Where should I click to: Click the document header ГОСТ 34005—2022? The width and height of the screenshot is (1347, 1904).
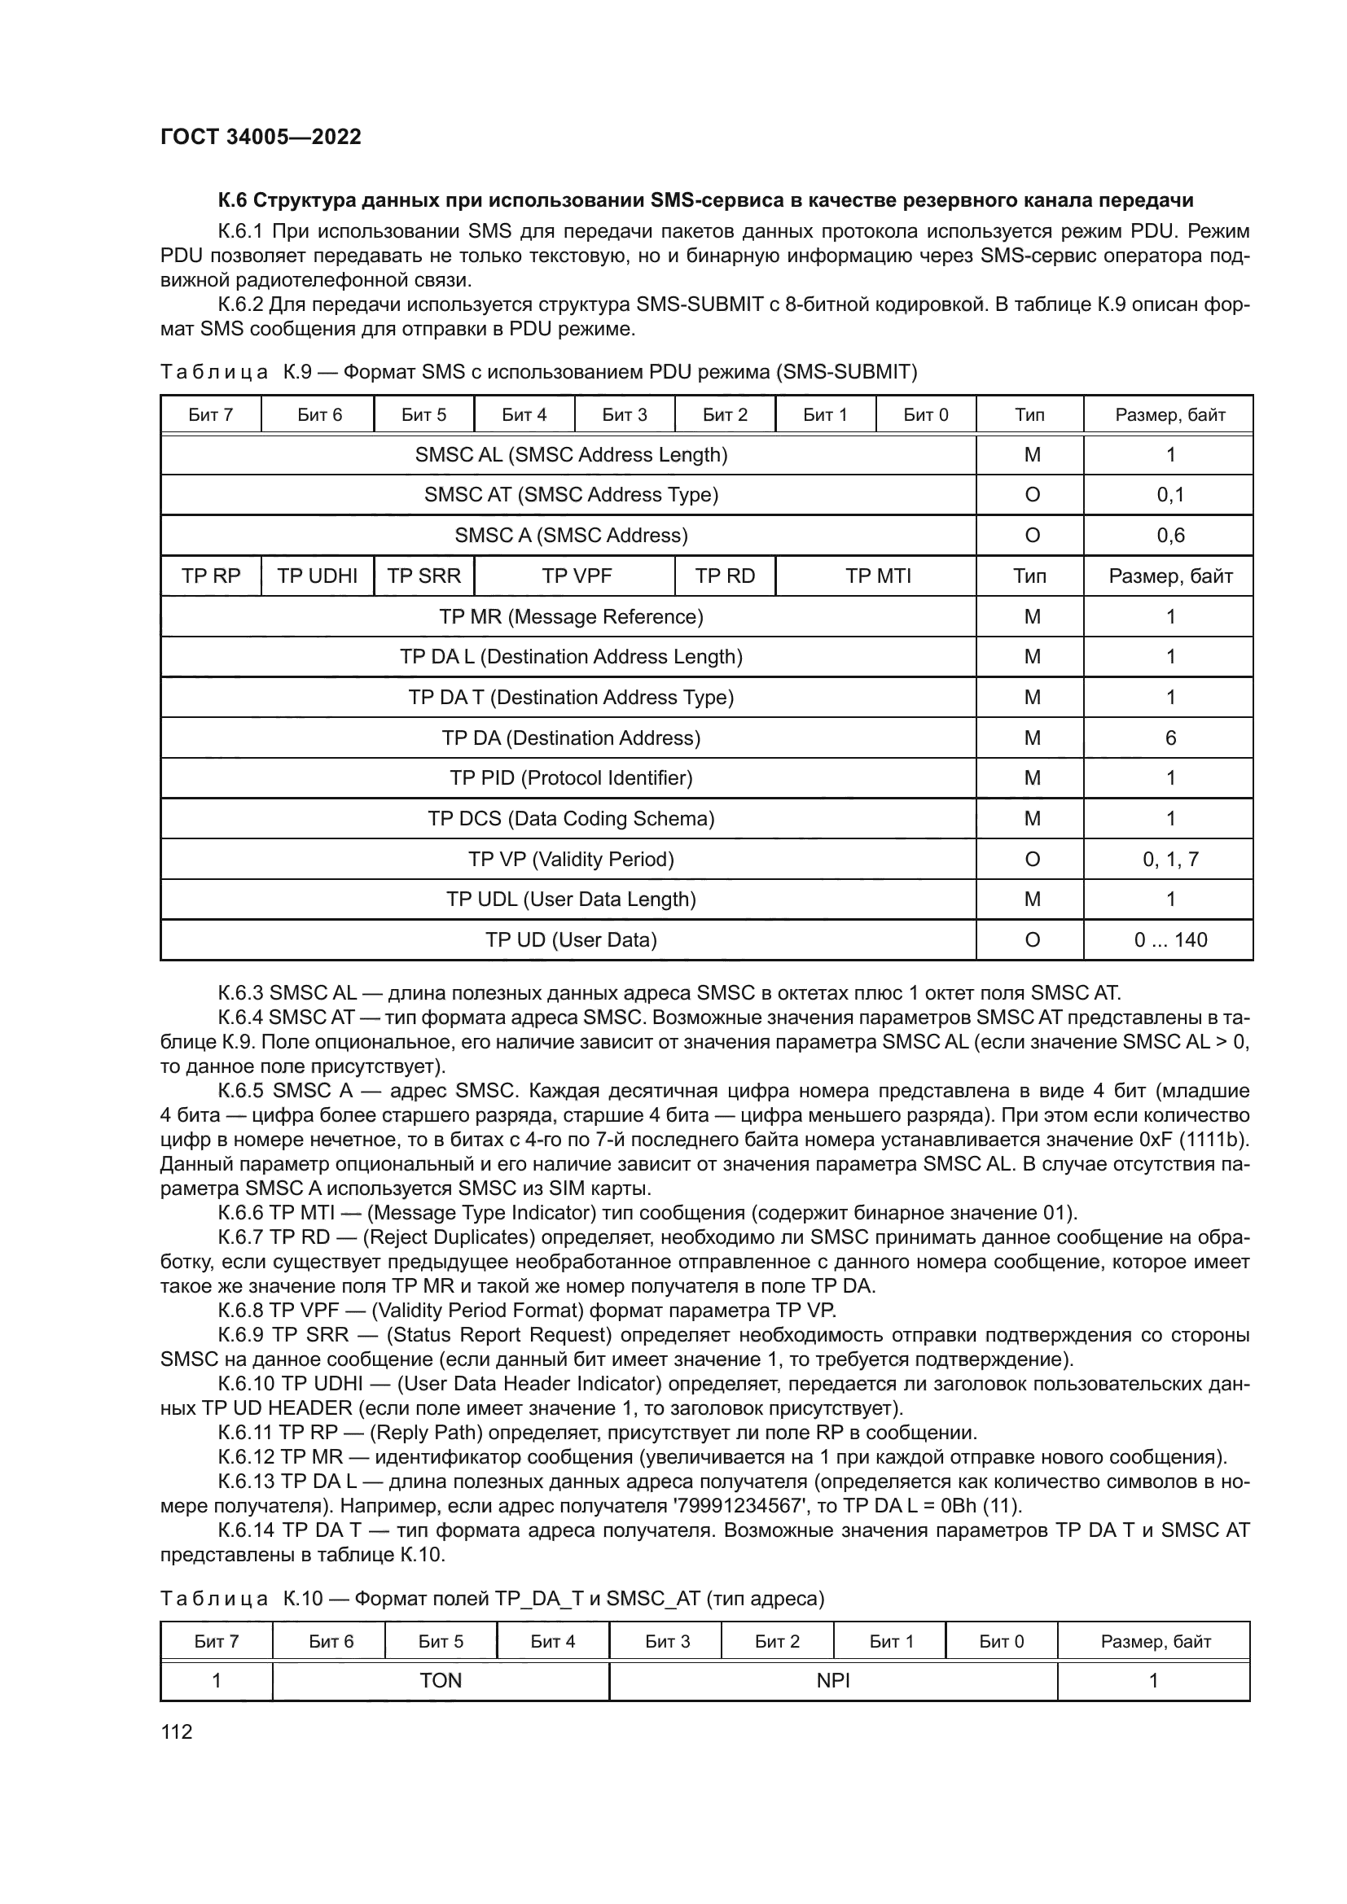[x=261, y=137]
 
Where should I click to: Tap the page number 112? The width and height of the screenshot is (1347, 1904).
[x=176, y=1732]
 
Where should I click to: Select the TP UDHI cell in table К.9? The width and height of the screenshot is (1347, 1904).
[x=317, y=576]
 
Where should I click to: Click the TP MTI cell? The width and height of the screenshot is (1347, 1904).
[x=878, y=576]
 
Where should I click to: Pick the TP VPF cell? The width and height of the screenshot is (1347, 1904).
[x=576, y=576]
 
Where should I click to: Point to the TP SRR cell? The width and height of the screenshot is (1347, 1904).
[x=423, y=576]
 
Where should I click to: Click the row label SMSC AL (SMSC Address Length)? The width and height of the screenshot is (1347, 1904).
[x=571, y=455]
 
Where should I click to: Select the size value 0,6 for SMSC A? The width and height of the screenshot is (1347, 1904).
[x=1169, y=536]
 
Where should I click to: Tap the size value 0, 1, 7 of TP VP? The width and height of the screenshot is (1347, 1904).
[x=1169, y=859]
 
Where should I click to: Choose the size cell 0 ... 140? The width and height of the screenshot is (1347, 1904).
[x=1169, y=940]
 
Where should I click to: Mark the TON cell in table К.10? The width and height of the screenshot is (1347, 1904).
[x=441, y=1681]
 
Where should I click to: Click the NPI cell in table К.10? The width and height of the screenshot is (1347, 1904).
[x=833, y=1681]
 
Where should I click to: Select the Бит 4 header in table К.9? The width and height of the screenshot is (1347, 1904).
[x=524, y=414]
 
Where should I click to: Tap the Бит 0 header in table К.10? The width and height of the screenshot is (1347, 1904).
[x=1001, y=1641]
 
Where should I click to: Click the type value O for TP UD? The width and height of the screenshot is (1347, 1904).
[x=1032, y=940]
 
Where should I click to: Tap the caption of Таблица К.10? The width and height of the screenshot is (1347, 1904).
[x=492, y=1599]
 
